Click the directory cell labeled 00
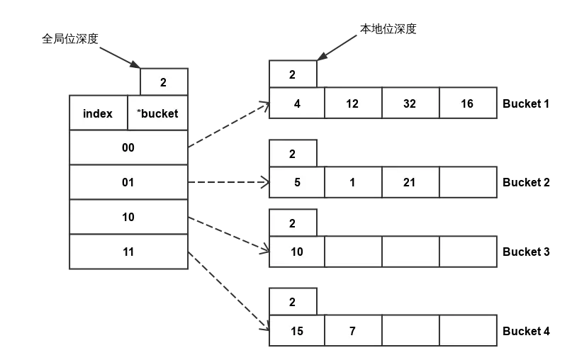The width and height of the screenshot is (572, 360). pos(128,147)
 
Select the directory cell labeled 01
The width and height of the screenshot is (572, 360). pos(128,182)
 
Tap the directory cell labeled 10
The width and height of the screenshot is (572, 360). pos(128,217)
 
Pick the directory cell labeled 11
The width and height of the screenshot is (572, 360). pos(128,252)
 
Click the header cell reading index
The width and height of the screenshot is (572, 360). pos(98,113)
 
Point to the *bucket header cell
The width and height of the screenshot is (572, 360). pos(157,113)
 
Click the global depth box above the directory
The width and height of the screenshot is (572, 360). pos(163,82)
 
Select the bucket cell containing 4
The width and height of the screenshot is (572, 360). pos(296,103)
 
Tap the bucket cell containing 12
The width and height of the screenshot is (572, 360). pos(352,103)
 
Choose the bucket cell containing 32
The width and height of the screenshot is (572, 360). pos(410,103)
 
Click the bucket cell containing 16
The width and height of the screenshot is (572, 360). pos(467,103)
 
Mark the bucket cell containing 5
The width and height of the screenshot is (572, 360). pos(296,182)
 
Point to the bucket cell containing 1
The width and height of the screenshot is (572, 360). pos(352,182)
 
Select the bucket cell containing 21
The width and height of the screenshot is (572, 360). pos(410,182)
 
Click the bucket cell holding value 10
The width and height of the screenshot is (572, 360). pos(296,252)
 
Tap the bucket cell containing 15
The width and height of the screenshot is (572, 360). pos(296,330)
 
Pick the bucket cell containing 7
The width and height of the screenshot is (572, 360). pos(352,330)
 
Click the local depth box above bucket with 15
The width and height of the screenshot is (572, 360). pos(292,302)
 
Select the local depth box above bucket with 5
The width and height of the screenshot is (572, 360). pos(292,154)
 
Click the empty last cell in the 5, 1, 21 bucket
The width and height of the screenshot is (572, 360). pos(468,182)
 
